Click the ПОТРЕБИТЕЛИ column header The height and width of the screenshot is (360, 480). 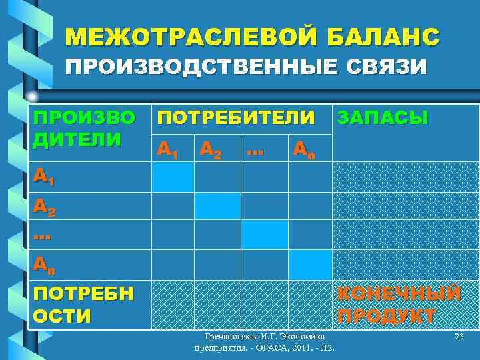tap(235, 118)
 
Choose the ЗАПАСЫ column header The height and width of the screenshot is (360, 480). tap(383, 118)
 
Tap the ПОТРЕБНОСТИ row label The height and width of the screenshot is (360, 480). tap(83, 303)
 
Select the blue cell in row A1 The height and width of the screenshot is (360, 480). tap(172, 177)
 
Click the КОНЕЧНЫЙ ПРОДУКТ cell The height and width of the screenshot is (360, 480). tap(399, 304)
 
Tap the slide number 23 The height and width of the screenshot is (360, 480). tap(458, 337)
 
